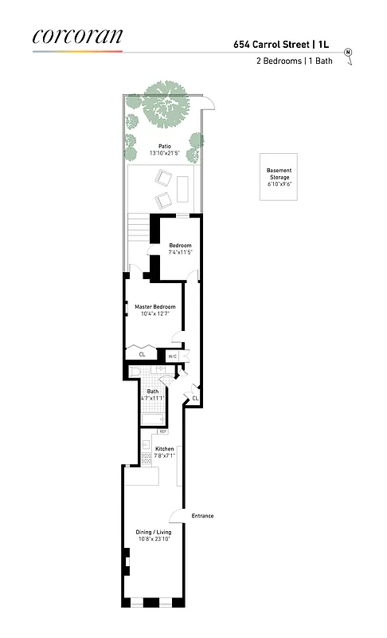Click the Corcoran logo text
[x=77, y=36]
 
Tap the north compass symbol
[x=348, y=53]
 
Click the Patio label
[x=164, y=146]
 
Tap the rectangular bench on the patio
[x=185, y=187]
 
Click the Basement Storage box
[x=279, y=175]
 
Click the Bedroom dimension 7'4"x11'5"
[x=180, y=252]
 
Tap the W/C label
[x=172, y=356]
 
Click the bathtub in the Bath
[x=152, y=419]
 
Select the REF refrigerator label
[x=162, y=431]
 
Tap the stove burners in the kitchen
[x=146, y=459]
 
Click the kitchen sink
[x=146, y=445]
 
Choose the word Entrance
[x=202, y=516]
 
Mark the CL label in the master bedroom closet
[x=142, y=355]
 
